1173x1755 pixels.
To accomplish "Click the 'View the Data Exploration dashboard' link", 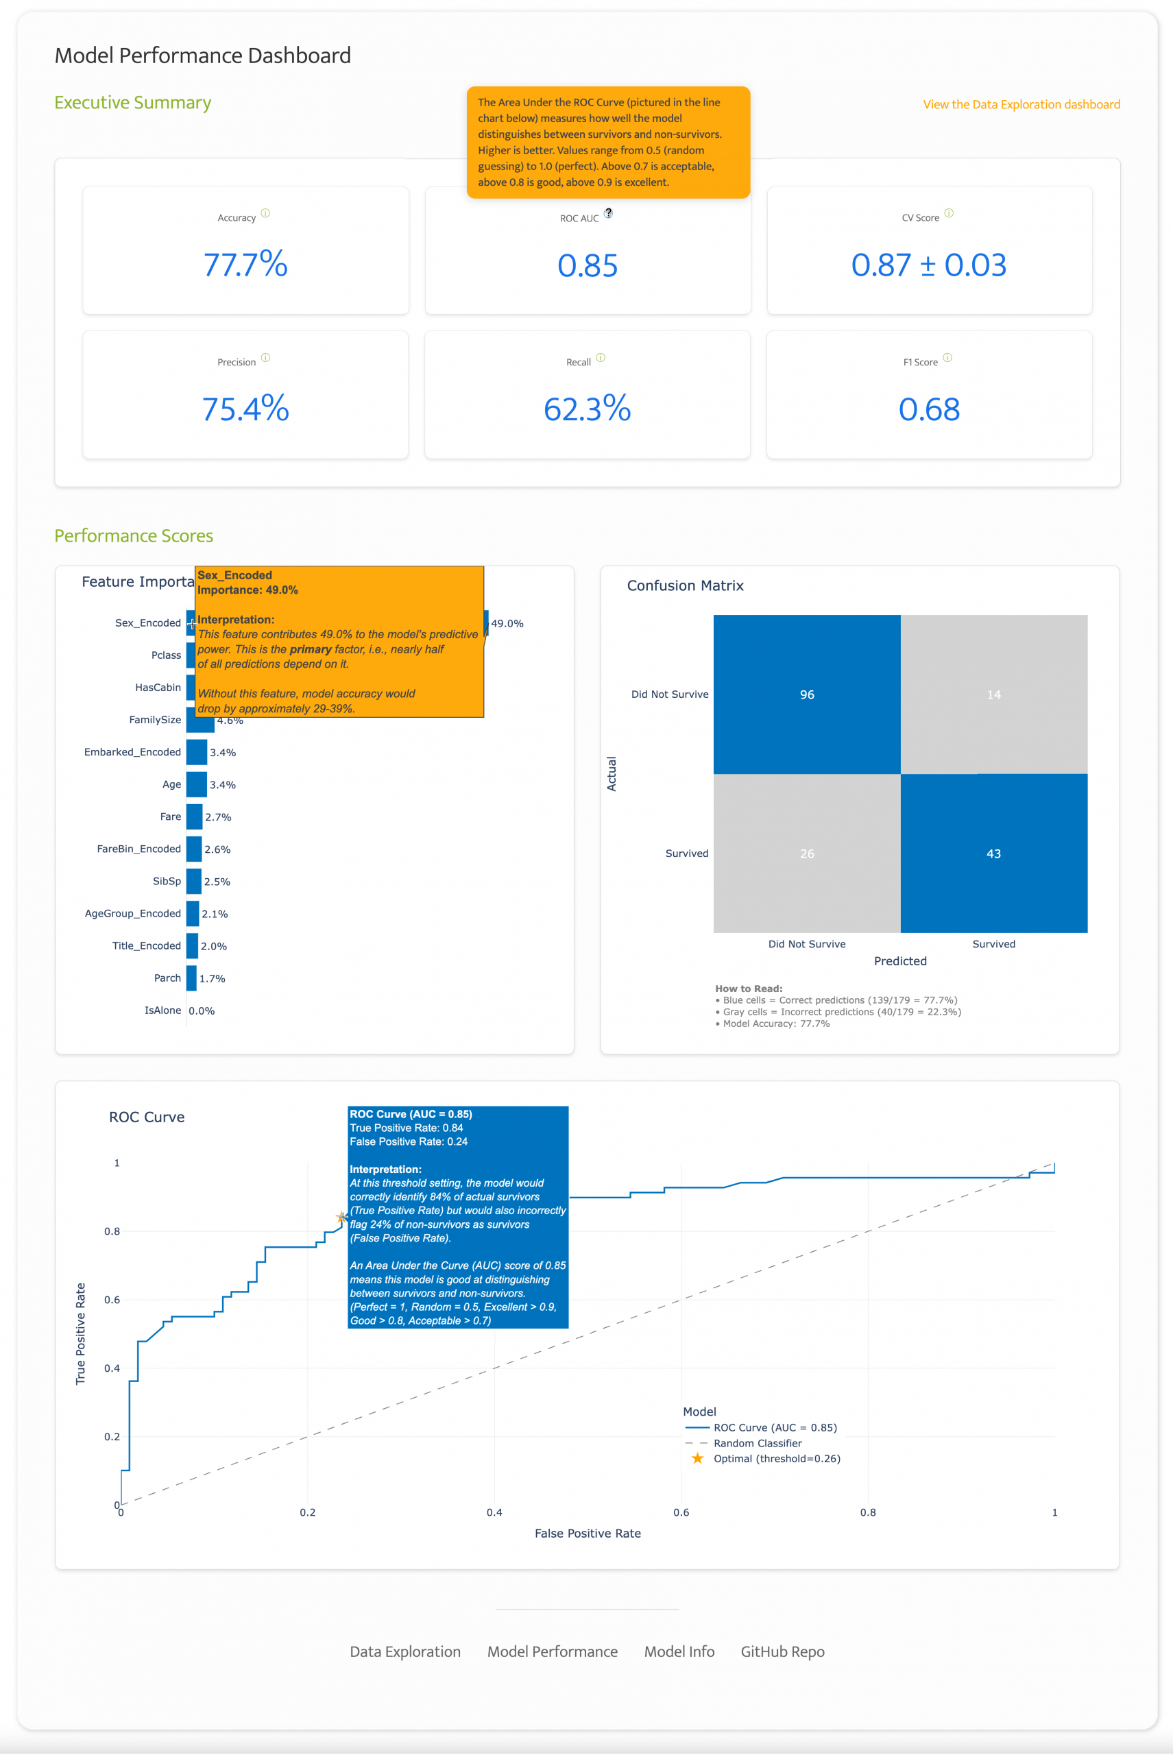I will coord(1020,105).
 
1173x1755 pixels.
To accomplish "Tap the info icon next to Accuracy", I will coord(265,213).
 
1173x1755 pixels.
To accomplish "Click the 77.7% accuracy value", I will coord(245,265).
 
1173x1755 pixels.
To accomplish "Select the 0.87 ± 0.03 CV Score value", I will coord(928,265).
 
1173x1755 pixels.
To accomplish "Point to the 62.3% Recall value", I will coord(588,409).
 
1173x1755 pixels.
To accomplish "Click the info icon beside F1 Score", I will coord(947,358).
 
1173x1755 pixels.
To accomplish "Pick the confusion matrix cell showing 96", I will coord(806,694).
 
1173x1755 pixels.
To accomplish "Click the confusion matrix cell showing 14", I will coord(993,694).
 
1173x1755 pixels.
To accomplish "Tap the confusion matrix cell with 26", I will coord(806,854).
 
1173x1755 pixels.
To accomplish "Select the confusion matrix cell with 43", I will coord(993,854).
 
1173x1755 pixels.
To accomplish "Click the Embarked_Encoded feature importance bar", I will coord(197,752).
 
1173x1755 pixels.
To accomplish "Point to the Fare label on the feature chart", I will coord(171,817).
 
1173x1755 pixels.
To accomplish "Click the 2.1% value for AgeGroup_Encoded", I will coord(215,914).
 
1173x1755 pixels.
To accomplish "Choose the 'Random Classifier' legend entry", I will coord(757,1443).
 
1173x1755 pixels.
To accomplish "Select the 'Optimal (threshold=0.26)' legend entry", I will coord(777,1459).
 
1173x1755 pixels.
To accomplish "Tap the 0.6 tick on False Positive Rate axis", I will coord(681,1512).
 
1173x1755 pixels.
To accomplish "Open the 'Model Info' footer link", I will coord(679,1651).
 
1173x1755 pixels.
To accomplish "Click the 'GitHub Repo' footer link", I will coord(782,1651).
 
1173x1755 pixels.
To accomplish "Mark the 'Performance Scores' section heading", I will coord(134,535).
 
